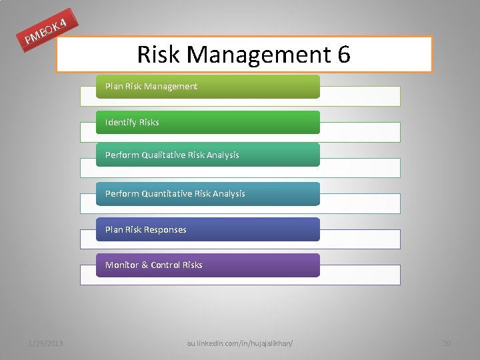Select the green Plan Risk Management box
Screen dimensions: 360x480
click(x=207, y=87)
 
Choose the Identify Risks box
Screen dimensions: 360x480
click(x=207, y=123)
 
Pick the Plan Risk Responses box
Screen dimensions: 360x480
click(x=207, y=229)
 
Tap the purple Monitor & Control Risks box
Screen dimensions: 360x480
click(x=207, y=265)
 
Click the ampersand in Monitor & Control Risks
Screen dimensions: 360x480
click(x=144, y=265)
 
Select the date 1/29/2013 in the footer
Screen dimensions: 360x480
click(x=45, y=343)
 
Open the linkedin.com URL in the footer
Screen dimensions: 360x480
click(x=240, y=343)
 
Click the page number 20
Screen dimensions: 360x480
click(x=447, y=343)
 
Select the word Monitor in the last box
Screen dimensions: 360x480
click(x=121, y=265)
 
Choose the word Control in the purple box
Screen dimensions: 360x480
click(x=165, y=265)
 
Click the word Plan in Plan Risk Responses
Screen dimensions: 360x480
click(x=113, y=229)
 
